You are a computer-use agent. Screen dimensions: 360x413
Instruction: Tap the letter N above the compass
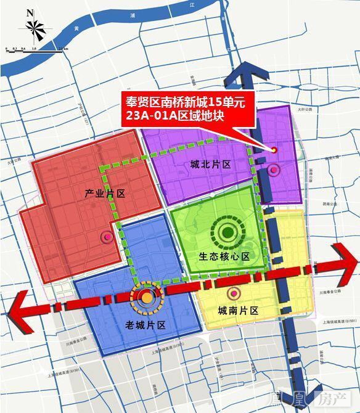[x=30, y=10]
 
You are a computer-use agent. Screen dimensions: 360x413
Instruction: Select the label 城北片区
[x=210, y=164]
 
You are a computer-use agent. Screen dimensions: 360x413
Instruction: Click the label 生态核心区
[x=224, y=256]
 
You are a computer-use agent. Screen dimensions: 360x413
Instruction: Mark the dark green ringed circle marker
[x=227, y=232]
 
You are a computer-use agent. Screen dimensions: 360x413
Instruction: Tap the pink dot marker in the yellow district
[x=234, y=293]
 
